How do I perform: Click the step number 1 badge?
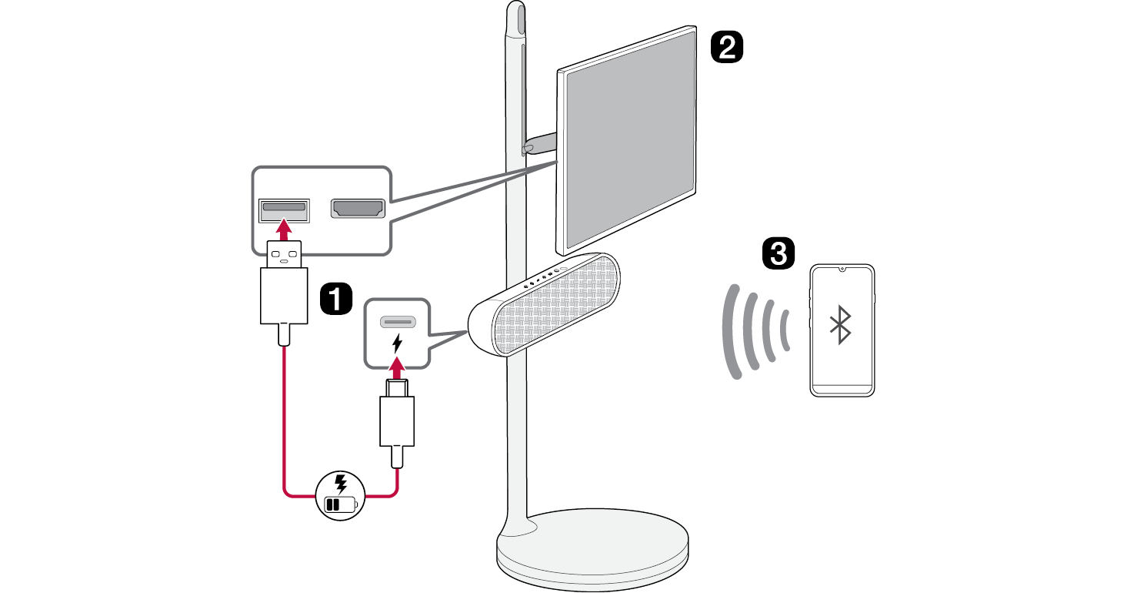click(335, 297)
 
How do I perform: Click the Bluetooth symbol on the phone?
click(840, 324)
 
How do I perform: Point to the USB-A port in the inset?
click(284, 209)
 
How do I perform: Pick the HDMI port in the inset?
click(357, 209)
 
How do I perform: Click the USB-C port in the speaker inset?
click(397, 320)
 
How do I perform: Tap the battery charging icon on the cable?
click(341, 494)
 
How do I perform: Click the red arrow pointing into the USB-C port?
click(397, 368)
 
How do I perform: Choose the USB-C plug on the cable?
click(397, 416)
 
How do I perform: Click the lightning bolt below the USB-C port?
click(397, 343)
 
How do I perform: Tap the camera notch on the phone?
click(842, 270)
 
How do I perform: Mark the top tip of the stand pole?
click(515, 9)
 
